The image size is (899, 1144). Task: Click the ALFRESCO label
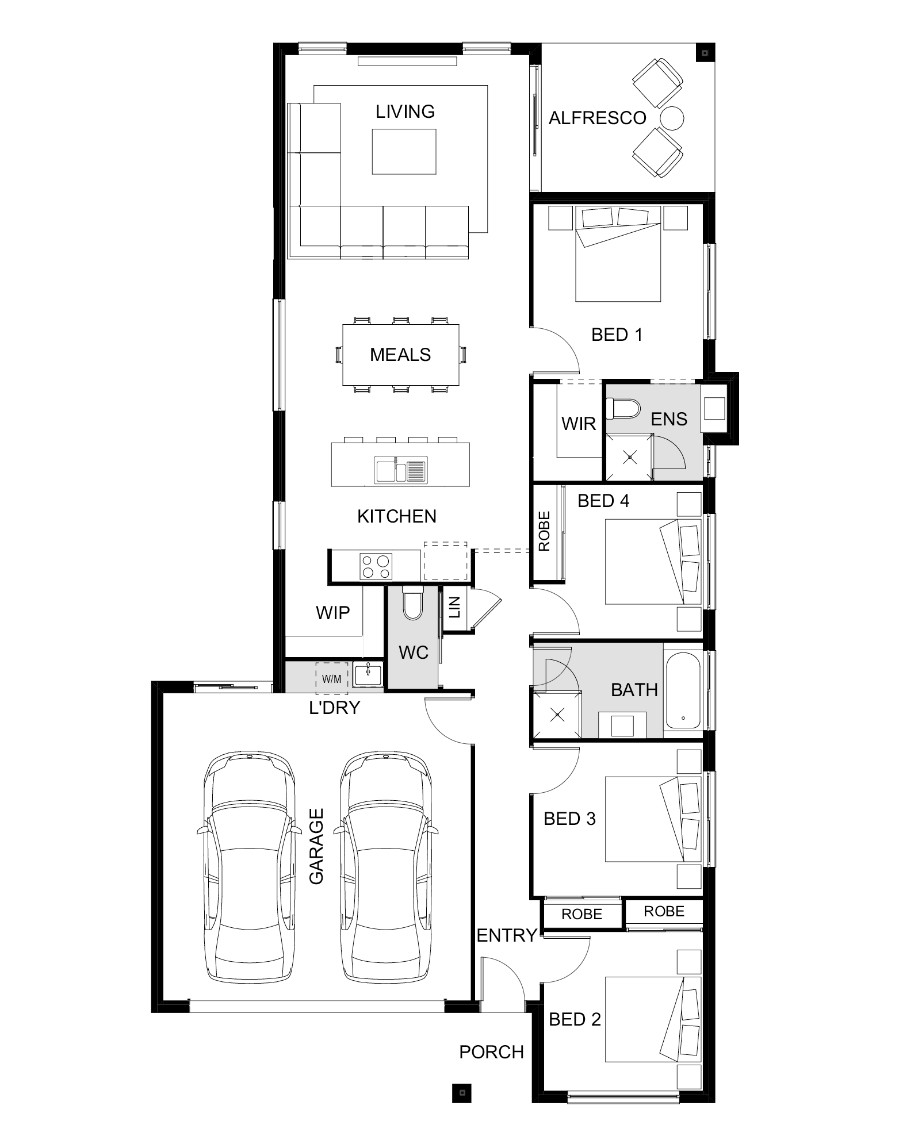click(x=597, y=118)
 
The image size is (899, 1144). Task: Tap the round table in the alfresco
click(x=671, y=118)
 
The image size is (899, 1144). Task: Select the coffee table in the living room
click(x=404, y=151)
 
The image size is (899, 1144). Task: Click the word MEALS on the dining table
click(x=400, y=355)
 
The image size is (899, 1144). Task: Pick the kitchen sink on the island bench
click(x=401, y=470)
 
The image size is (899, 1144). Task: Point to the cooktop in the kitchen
click(x=376, y=566)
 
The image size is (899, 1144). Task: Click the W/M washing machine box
click(x=332, y=678)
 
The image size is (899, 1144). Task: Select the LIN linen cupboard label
click(x=455, y=607)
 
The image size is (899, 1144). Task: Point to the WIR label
click(x=578, y=424)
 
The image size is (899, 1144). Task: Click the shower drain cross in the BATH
click(x=557, y=715)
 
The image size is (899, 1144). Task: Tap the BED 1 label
click(x=617, y=335)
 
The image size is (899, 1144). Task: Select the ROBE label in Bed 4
click(x=544, y=532)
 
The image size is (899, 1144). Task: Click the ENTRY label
click(x=507, y=935)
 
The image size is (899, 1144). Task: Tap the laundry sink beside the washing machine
click(x=368, y=674)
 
